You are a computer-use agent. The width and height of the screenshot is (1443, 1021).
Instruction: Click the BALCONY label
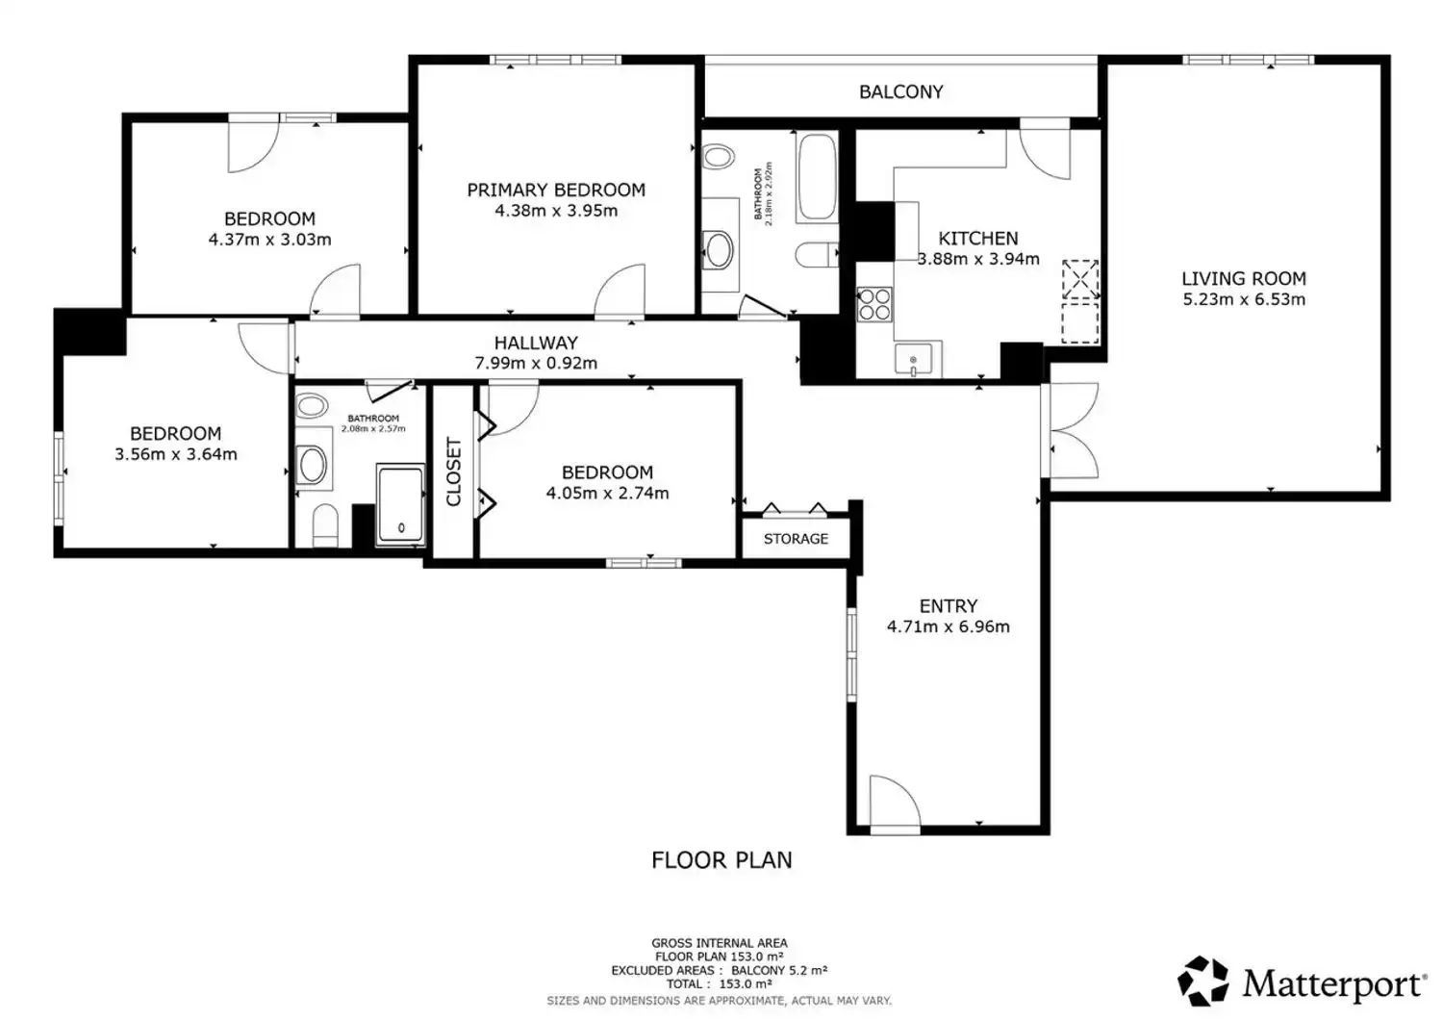pos(900,92)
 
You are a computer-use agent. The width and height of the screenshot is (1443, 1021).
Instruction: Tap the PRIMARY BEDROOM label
pos(556,191)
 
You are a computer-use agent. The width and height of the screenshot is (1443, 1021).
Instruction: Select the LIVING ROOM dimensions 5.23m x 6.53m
pos(1244,299)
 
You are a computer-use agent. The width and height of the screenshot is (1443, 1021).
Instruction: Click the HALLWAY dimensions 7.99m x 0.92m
pos(536,364)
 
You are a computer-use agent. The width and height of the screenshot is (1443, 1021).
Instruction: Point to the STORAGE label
pos(796,539)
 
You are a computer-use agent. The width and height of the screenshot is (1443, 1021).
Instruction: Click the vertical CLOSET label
pos(453,472)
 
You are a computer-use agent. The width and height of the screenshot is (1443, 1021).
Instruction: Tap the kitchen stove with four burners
pos(874,305)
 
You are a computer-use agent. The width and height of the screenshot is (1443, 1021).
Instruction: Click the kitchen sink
pos(913,359)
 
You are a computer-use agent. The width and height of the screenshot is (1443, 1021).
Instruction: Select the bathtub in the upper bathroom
pos(817,177)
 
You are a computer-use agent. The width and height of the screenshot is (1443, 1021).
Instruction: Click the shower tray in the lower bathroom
pos(400,504)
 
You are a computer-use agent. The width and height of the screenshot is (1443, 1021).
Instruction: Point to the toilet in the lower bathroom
pos(325,526)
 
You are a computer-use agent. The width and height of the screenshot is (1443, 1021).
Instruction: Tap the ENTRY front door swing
pos(896,802)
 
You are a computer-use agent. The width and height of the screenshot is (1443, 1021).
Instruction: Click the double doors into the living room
pos(1071,430)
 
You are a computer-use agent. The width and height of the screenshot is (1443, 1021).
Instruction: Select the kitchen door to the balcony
pos(1045,149)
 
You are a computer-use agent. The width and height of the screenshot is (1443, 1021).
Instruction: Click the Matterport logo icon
pos(1202,982)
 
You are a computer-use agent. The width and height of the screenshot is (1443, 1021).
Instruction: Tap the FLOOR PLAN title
pos(721,860)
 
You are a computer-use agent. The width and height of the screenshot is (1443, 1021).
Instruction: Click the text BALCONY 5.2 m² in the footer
pos(779,970)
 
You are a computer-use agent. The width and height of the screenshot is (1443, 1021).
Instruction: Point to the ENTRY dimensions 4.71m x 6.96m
pos(949,627)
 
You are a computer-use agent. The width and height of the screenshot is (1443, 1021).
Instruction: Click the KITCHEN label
pos(978,240)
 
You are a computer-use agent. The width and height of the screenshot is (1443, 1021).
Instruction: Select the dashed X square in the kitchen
pos(1080,279)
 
